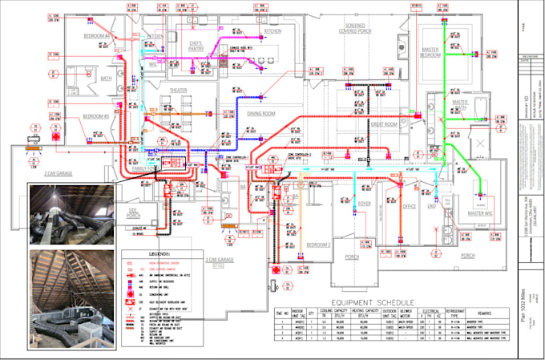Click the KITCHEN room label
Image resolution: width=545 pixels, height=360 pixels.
point(273,31)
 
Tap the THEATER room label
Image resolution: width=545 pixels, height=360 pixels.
point(179,91)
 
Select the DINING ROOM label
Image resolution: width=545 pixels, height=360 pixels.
point(262,114)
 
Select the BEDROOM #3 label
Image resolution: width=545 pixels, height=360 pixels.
point(96,116)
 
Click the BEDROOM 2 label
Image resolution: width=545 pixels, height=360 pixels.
point(318,244)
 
